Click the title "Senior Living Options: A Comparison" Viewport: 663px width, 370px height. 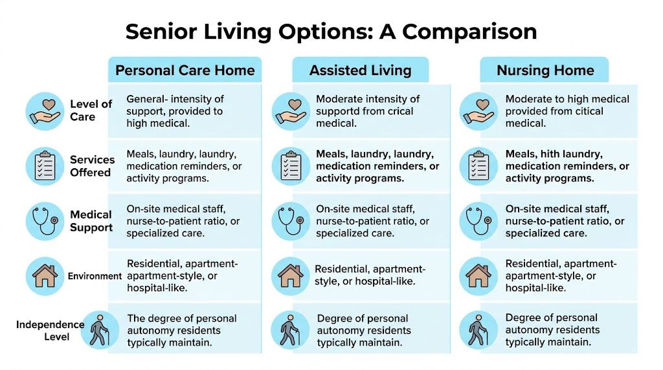pyautogui.click(x=331, y=32)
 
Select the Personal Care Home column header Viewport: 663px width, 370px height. pyautogui.click(x=185, y=70)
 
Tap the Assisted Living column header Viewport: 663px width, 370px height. pyautogui.click(x=360, y=70)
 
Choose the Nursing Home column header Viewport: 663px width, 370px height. pyautogui.click(x=545, y=70)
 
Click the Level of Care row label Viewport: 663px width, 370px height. pyautogui.click(x=91, y=110)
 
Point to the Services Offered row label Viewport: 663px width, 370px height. pyautogui.click(x=92, y=166)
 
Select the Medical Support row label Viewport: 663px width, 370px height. pyautogui.click(x=91, y=221)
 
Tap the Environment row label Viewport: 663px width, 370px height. pyautogui.click(x=95, y=276)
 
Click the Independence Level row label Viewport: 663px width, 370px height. pyautogui.click(x=51, y=331)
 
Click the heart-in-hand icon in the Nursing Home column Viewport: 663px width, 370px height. pyautogui.click(x=478, y=111)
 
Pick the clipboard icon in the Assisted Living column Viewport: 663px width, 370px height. pyautogui.click(x=291, y=166)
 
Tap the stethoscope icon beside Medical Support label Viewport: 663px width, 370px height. pyautogui.click(x=45, y=221)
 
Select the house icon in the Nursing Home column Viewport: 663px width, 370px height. pyautogui.click(x=478, y=276)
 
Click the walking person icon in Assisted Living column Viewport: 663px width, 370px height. pyautogui.click(x=290, y=330)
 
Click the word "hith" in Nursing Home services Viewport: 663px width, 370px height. pyautogui.click(x=549, y=154)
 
